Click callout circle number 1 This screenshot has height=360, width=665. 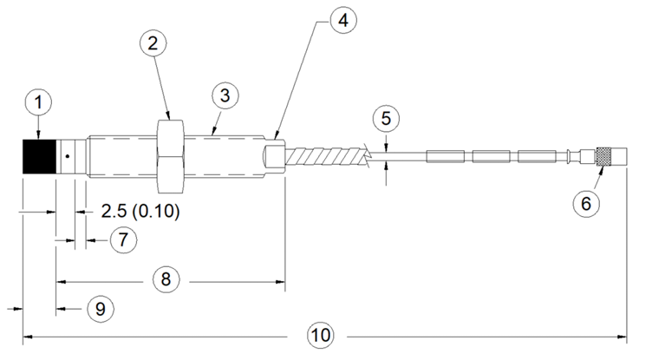[x=39, y=102]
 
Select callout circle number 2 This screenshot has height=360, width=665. [x=153, y=43]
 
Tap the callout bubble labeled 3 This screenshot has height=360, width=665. [x=225, y=95]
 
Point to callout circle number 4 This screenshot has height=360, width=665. [x=343, y=20]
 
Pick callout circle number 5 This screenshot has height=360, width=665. [x=386, y=119]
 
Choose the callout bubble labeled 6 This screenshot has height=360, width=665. [x=586, y=203]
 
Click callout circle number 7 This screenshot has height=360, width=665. [x=123, y=240]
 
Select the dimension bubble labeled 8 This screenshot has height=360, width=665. [x=166, y=279]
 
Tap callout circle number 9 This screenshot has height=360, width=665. [x=101, y=309]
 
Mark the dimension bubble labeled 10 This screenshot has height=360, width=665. [x=320, y=336]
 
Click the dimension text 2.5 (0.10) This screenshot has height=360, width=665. [x=140, y=211]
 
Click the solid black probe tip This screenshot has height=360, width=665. [x=39, y=156]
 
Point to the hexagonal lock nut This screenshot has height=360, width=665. [x=170, y=156]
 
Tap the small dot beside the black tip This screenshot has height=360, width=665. [x=68, y=156]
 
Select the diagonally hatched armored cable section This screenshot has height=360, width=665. [x=325, y=156]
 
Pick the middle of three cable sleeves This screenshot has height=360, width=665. [x=491, y=156]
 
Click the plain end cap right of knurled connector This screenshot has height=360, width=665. [x=618, y=156]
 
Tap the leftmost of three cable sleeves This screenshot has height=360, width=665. [x=446, y=156]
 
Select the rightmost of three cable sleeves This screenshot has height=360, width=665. [x=537, y=156]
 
